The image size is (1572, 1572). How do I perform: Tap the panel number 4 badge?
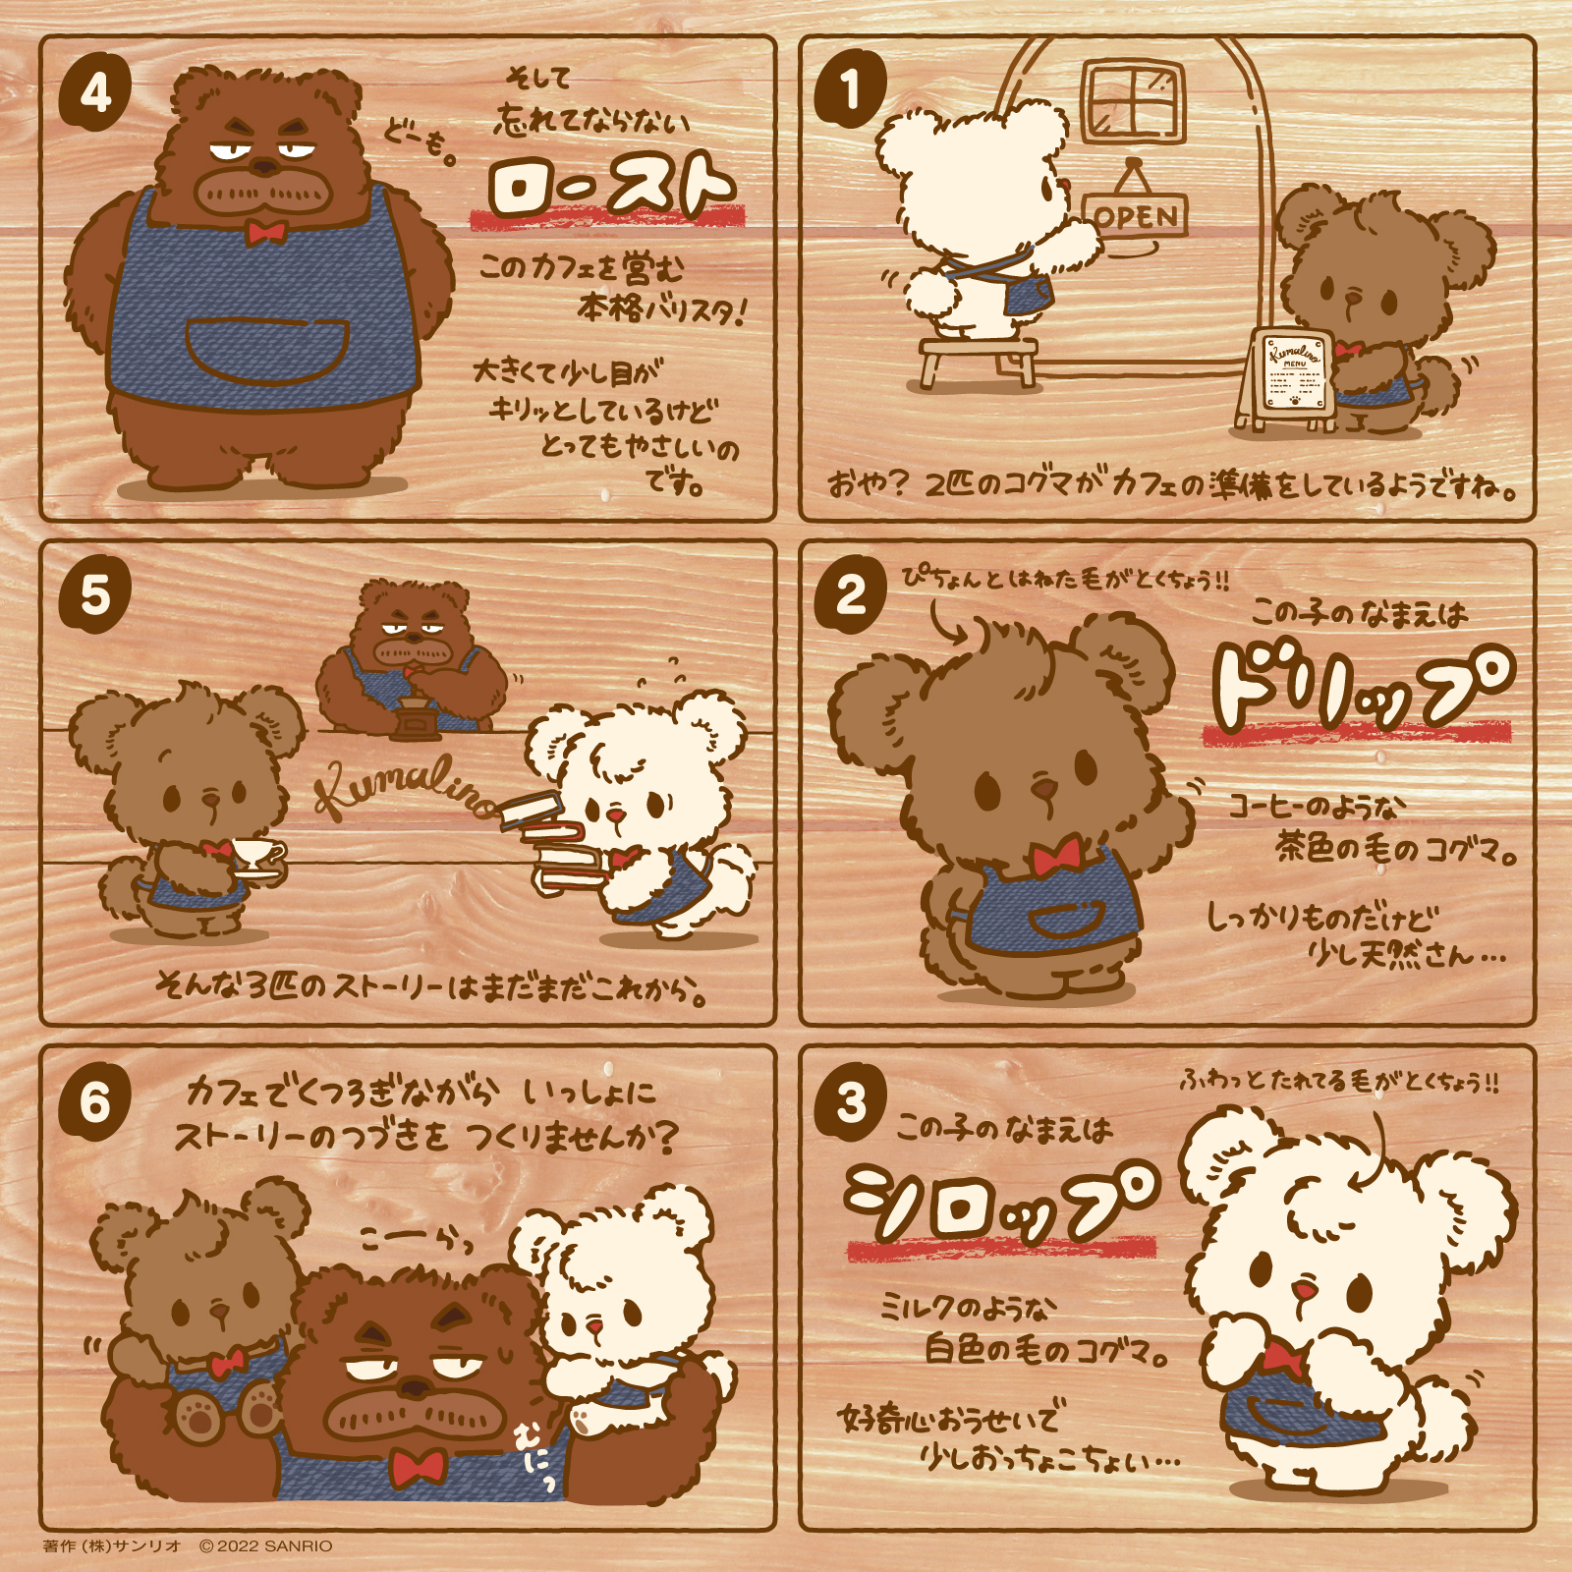point(95,93)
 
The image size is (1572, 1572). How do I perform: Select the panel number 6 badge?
point(95,1101)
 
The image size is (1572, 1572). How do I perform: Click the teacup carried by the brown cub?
point(257,855)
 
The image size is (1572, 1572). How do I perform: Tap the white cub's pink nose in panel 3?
point(1303,1290)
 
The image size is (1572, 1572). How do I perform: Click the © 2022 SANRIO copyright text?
point(265,1545)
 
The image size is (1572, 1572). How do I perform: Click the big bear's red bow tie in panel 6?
point(418,1467)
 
